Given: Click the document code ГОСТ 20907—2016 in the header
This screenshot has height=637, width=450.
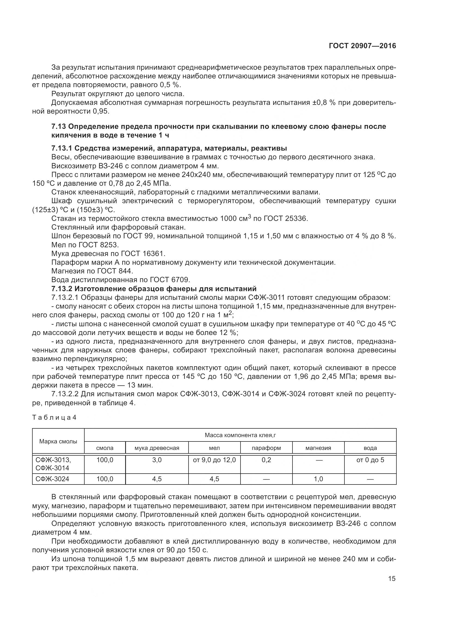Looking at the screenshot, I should point(362,46).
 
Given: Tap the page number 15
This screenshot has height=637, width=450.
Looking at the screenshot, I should point(392,578).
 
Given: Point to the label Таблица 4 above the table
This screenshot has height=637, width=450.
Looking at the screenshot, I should point(54,417).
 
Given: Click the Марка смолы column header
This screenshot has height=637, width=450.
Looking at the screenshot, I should point(58,441).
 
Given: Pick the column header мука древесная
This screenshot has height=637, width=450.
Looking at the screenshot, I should point(157,448).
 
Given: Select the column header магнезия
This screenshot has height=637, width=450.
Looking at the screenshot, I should point(318,448).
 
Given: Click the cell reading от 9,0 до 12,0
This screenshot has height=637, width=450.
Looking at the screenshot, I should point(214,460).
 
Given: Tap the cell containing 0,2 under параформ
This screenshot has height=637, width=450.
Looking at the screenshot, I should point(266,460).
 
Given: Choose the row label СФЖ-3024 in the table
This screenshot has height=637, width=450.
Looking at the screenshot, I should point(52,479).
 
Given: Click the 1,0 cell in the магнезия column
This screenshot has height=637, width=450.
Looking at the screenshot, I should point(318,479).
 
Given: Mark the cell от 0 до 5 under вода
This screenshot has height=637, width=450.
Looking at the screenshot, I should point(370,460).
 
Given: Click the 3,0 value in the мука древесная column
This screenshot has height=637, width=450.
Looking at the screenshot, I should point(157,460).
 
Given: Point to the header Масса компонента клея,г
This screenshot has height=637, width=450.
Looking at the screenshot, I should point(240,435).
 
